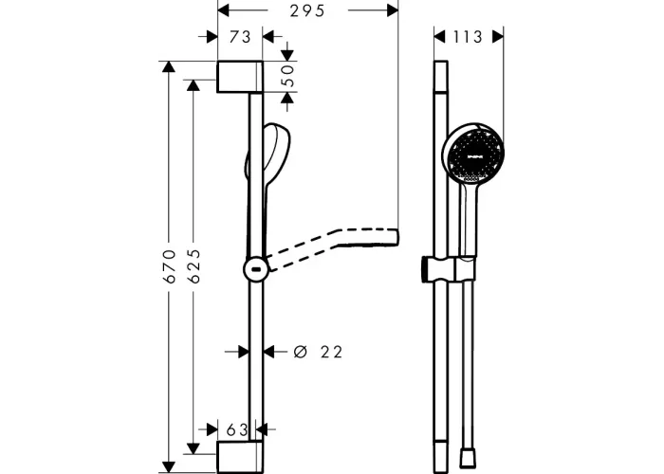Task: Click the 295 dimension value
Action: (x=307, y=11)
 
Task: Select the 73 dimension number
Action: (x=240, y=37)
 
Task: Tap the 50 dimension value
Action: (x=288, y=75)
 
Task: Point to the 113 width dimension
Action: (x=468, y=37)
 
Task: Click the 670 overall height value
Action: (x=170, y=266)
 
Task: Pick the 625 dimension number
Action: (x=194, y=266)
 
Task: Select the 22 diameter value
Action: (x=331, y=352)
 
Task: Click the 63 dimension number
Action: (x=237, y=430)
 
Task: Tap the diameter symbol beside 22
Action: (x=300, y=352)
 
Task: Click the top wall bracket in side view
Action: (x=240, y=77)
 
